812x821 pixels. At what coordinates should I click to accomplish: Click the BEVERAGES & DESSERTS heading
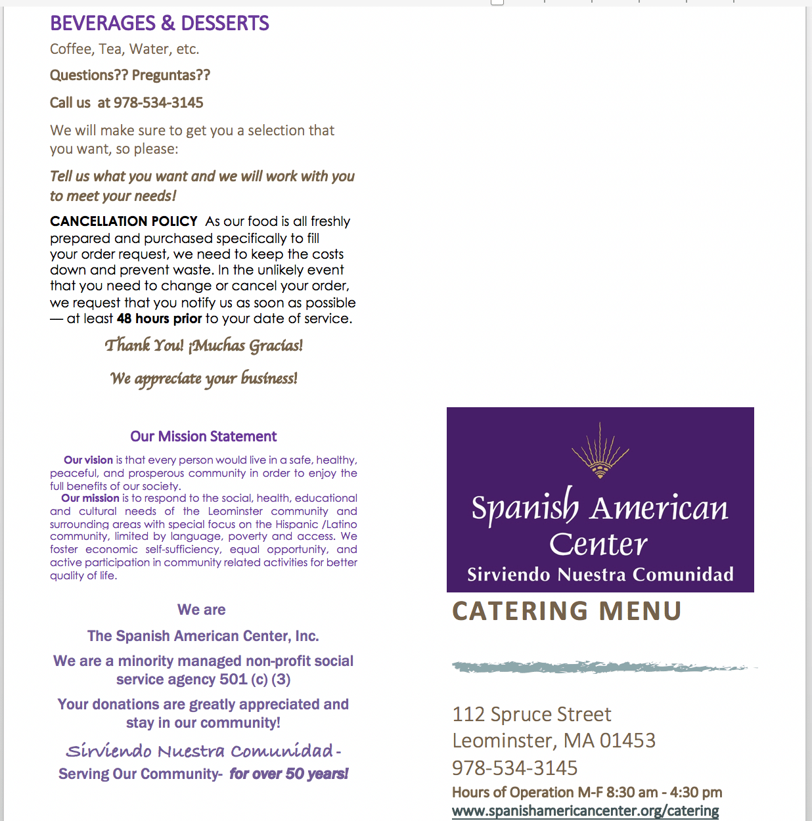[x=160, y=24]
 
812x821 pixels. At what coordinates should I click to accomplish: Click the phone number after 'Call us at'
[x=158, y=103]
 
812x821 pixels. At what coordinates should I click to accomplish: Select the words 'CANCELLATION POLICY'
[x=124, y=221]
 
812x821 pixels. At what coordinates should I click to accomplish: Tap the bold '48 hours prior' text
[x=159, y=319]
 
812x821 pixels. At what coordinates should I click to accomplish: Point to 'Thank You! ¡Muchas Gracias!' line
[x=204, y=345]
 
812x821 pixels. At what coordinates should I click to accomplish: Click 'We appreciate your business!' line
[x=204, y=378]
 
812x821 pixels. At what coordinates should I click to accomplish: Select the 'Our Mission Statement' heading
[x=204, y=437]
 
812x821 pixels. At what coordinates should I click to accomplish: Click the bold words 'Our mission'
[x=90, y=499]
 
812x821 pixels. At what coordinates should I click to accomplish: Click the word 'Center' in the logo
[x=598, y=544]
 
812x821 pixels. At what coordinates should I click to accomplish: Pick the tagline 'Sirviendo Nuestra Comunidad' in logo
[x=600, y=575]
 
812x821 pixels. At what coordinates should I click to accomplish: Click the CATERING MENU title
[x=567, y=611]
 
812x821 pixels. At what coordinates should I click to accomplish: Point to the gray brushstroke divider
[x=601, y=667]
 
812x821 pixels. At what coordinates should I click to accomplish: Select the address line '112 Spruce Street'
[x=531, y=715]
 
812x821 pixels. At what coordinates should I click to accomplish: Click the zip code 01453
[x=627, y=741]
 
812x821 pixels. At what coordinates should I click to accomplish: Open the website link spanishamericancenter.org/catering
[x=585, y=811]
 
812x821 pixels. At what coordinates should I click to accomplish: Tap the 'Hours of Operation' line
[x=587, y=793]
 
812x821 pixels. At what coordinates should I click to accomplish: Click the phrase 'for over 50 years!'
[x=289, y=774]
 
